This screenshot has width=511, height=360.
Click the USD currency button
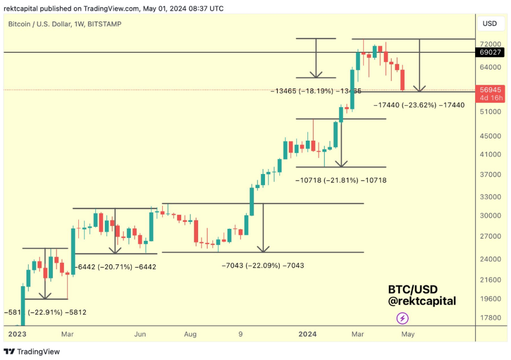(x=489, y=23)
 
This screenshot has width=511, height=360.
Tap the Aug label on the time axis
(x=190, y=334)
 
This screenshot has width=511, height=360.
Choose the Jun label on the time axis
(x=140, y=334)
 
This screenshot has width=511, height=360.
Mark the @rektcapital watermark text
(x=422, y=301)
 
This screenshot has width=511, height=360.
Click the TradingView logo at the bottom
(x=32, y=352)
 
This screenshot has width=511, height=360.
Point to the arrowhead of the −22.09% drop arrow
(x=263, y=249)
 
